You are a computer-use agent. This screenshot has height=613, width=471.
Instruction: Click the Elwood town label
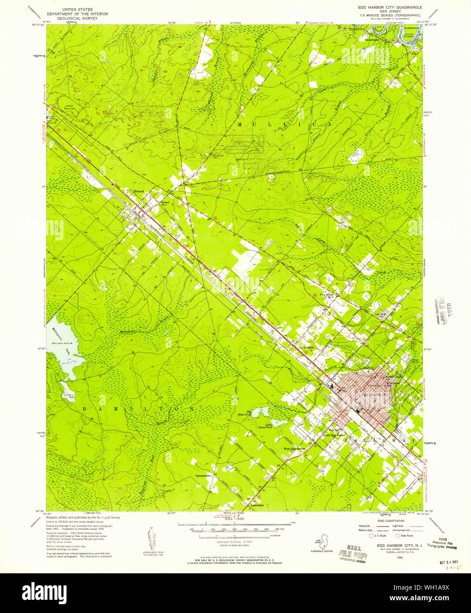pyautogui.click(x=139, y=191)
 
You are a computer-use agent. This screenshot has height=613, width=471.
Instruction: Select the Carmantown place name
pyautogui.click(x=204, y=476)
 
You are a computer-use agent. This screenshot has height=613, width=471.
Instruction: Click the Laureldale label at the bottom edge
pyautogui.click(x=257, y=505)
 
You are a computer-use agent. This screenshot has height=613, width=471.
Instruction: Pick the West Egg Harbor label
pyautogui.click(x=294, y=449)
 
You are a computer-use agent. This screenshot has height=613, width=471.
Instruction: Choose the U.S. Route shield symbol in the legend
pyautogui.click(x=371, y=535)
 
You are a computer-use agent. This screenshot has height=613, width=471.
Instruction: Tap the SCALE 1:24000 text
pyautogui.click(x=234, y=519)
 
